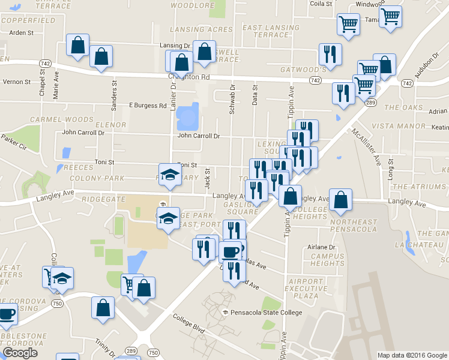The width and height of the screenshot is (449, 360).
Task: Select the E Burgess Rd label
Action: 148,106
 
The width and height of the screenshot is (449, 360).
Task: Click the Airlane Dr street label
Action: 321,247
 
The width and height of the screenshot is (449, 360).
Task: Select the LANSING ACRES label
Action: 201,29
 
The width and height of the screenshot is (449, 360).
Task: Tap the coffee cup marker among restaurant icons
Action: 230,250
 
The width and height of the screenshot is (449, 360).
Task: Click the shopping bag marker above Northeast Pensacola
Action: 340,201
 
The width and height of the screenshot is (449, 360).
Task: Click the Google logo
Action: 20,353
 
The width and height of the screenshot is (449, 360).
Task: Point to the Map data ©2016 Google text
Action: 412,355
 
